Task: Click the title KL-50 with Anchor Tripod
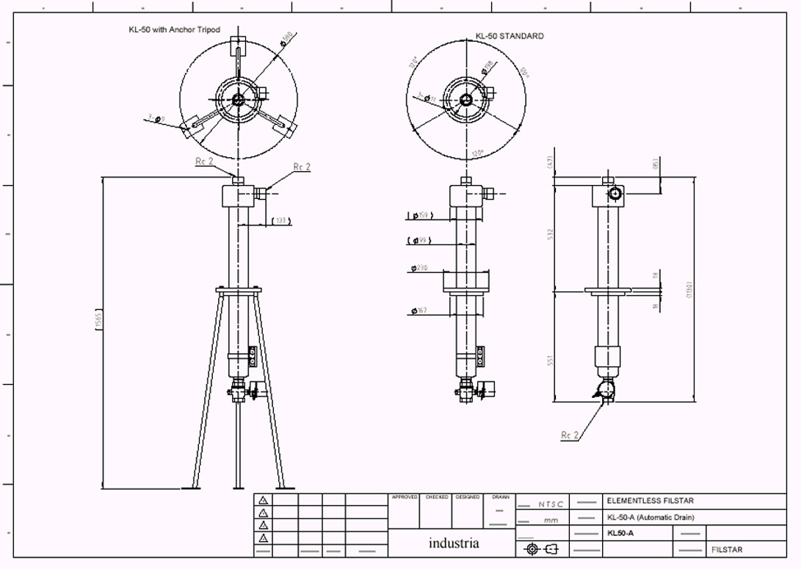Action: pyautogui.click(x=174, y=30)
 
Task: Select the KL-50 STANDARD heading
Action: pyautogui.click(x=510, y=36)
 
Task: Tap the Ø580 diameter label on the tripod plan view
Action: pyautogui.click(x=287, y=39)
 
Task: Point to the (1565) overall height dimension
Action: pyautogui.click(x=98, y=320)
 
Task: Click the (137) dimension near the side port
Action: pyautogui.click(x=280, y=220)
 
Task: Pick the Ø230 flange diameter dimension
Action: pyautogui.click(x=421, y=269)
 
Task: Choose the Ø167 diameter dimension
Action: pyautogui.click(x=420, y=311)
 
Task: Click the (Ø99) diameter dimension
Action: pyautogui.click(x=421, y=241)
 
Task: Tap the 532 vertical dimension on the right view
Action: pyautogui.click(x=549, y=233)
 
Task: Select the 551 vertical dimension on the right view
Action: pyautogui.click(x=549, y=360)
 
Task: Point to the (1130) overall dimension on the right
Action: pyautogui.click(x=689, y=289)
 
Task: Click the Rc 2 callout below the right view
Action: pyautogui.click(x=570, y=435)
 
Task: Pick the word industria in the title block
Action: pyautogui.click(x=454, y=543)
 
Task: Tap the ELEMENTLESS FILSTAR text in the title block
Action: pyautogui.click(x=650, y=501)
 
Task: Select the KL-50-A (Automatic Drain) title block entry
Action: pyautogui.click(x=650, y=517)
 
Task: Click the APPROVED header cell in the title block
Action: pyautogui.click(x=404, y=497)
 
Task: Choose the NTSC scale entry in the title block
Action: pyautogui.click(x=551, y=504)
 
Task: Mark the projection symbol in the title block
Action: pyautogui.click(x=541, y=549)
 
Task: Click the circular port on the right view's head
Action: pyautogui.click(x=614, y=194)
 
